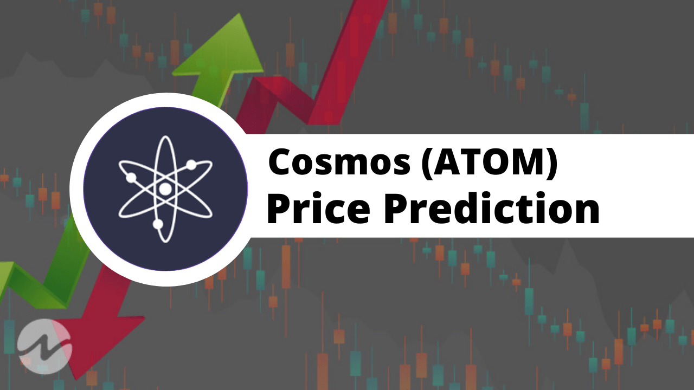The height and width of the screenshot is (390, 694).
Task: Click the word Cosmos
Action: (x=339, y=163)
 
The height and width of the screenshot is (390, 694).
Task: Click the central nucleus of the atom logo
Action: (x=164, y=189)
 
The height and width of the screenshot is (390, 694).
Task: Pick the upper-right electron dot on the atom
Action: (x=191, y=164)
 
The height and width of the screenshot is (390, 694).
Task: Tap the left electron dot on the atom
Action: (x=131, y=177)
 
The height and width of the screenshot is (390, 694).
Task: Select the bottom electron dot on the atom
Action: (x=158, y=223)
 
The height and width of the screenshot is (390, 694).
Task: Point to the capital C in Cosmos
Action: (x=281, y=163)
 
